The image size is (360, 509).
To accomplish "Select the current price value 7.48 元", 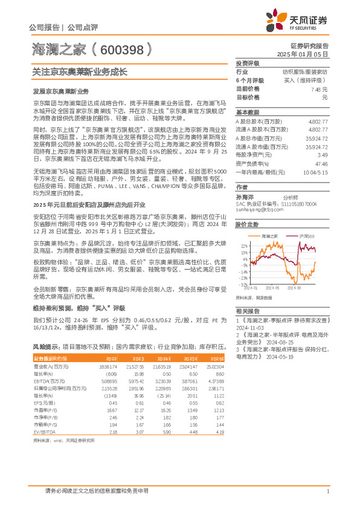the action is coord(320,88).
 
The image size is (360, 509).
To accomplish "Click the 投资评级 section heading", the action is coord(248,63).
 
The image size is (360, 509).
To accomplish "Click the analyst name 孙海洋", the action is coord(245,197).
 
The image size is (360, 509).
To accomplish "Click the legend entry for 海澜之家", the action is coord(269,235).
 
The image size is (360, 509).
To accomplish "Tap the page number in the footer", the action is coord(327,491).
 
